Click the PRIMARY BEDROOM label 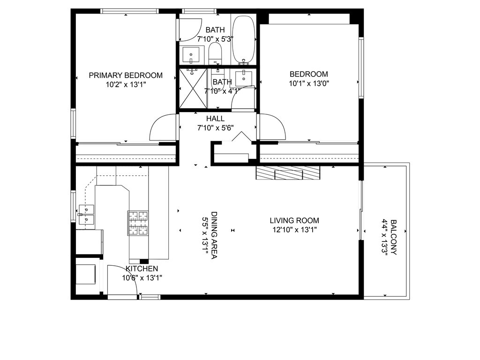pyautogui.click(x=126, y=75)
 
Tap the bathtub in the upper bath pyautogui.click(x=244, y=40)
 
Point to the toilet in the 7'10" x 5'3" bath pyautogui.click(x=215, y=52)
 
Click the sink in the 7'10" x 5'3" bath pyautogui.click(x=191, y=55)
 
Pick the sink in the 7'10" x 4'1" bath pyautogui.click(x=244, y=78)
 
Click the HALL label pyautogui.click(x=215, y=119)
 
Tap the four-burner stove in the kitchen pyautogui.click(x=138, y=223)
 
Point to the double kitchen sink pyautogui.click(x=87, y=213)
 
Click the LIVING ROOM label pyautogui.click(x=294, y=220)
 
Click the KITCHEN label pyautogui.click(x=142, y=269)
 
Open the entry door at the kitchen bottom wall pyautogui.click(x=122, y=281)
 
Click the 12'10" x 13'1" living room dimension pyautogui.click(x=294, y=230)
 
